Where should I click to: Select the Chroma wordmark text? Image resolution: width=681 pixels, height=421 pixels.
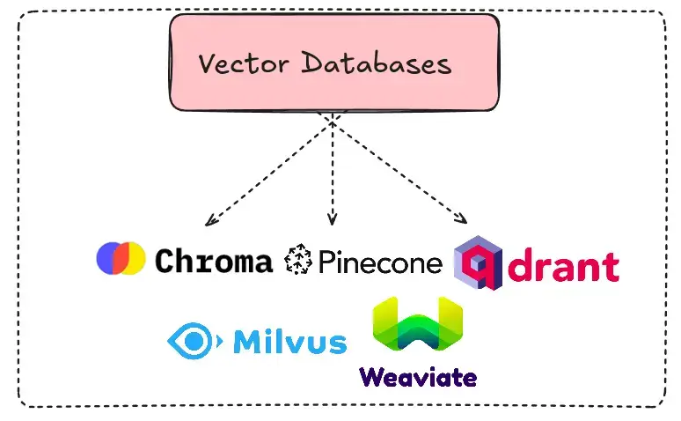point(214,261)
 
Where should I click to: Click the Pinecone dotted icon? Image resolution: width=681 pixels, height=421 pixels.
point(298,260)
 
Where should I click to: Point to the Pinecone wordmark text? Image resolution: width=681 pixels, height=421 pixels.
point(380,262)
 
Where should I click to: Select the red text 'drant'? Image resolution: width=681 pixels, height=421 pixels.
point(564,265)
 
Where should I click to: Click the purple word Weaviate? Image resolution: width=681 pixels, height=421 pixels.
point(418,377)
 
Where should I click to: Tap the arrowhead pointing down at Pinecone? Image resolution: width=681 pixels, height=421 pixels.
point(332,220)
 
